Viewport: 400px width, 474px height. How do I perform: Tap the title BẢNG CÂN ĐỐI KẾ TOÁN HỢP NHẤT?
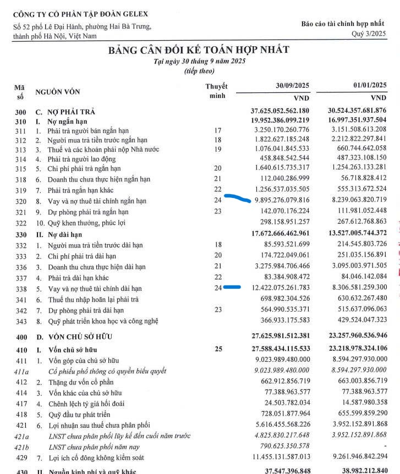point(199,50)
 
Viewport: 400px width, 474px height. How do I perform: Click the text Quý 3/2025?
point(369,34)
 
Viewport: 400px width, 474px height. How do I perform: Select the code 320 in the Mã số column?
point(20,201)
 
